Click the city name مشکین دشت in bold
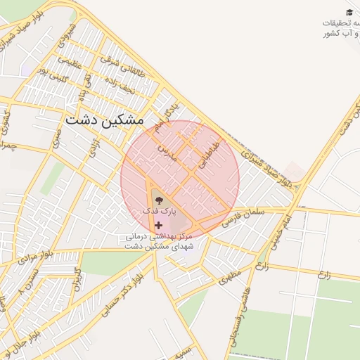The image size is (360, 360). (x=104, y=120)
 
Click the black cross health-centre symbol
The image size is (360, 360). (x=157, y=225)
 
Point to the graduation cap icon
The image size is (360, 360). (x=349, y=12)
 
